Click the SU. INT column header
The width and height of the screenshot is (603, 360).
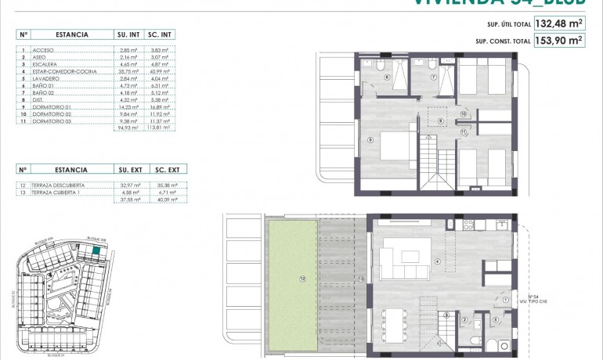pyautogui.click(x=128, y=34)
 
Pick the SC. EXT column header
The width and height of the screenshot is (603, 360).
pyautogui.click(x=168, y=168)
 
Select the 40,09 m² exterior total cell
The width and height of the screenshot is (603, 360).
pyautogui.click(x=168, y=200)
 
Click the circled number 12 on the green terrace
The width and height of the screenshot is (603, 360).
pyautogui.click(x=301, y=278)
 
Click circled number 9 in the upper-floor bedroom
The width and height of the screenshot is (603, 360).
pyautogui.click(x=368, y=140)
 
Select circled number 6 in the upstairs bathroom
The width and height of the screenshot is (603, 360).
pyautogui.click(x=387, y=77)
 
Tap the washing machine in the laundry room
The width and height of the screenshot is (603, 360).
pyautogui.click(x=493, y=345)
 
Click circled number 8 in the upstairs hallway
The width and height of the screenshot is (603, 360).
pyautogui.click(x=441, y=121)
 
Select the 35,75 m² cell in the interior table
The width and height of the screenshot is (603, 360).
pyautogui.click(x=128, y=71)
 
